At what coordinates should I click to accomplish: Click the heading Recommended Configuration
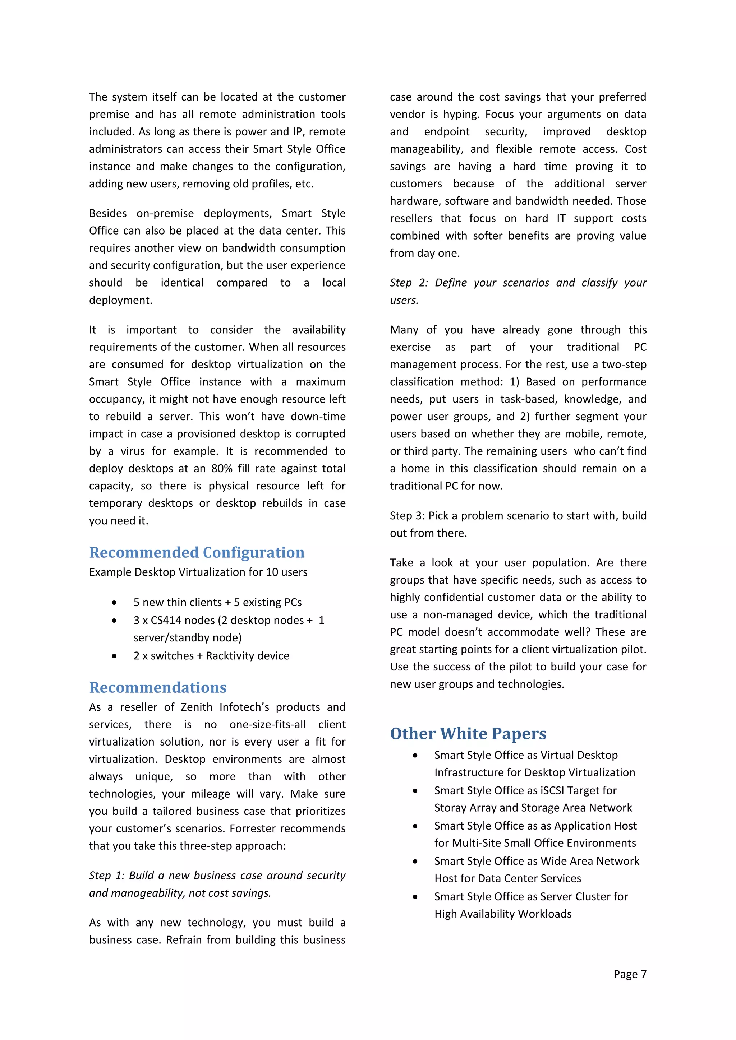click(x=197, y=553)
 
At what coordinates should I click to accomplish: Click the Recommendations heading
click(x=158, y=688)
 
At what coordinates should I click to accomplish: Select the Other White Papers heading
click(x=468, y=734)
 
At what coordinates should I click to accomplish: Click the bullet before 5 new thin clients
click(x=114, y=603)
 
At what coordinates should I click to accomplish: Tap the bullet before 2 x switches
click(x=114, y=656)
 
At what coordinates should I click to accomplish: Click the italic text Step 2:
click(x=408, y=283)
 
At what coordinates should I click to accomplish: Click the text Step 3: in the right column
click(x=407, y=516)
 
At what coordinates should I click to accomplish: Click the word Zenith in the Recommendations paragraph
click(x=196, y=707)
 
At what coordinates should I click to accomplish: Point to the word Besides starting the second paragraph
click(x=108, y=213)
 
